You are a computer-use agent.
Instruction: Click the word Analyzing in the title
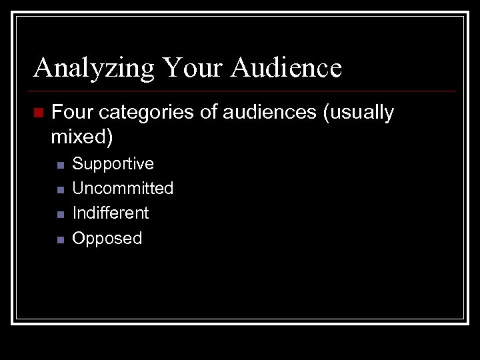94,67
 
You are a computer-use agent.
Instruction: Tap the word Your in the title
193,67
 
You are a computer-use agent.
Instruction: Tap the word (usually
358,113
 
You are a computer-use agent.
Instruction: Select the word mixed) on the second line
83,137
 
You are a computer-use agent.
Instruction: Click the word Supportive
113,164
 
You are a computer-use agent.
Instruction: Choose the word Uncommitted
123,189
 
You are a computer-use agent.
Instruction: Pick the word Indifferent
110,213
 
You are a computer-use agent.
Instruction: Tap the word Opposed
107,238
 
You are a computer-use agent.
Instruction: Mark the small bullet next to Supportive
59,165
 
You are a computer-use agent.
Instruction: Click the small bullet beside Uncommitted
59,190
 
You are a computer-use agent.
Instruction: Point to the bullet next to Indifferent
59,215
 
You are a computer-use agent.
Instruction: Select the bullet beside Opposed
59,239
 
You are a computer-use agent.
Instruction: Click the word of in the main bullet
208,113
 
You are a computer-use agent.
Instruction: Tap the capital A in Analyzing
44,67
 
